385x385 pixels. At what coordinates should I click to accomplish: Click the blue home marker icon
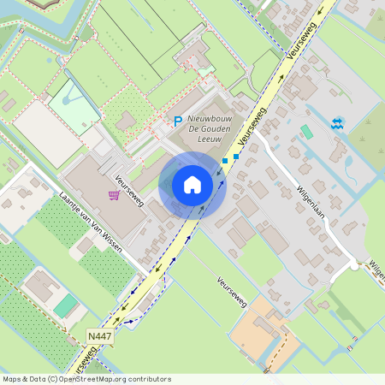coord(192,184)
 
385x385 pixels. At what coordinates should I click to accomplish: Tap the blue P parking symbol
coord(178,122)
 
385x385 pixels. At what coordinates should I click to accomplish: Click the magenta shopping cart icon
coord(114,195)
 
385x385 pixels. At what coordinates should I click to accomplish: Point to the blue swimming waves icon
coord(338,123)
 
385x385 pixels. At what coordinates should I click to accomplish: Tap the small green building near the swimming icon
coord(306,132)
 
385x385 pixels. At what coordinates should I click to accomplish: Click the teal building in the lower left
coord(65,305)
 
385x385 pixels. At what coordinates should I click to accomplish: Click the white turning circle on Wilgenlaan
coord(353,266)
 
